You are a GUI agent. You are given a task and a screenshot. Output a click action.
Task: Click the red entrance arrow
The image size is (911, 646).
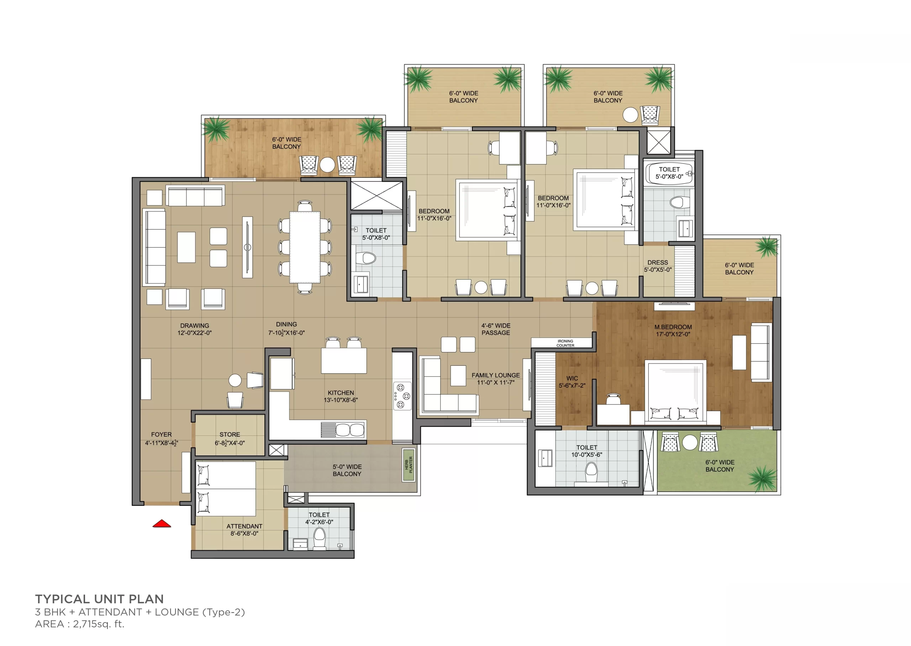(x=162, y=524)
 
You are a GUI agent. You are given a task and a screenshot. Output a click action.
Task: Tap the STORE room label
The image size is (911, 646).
(x=230, y=434)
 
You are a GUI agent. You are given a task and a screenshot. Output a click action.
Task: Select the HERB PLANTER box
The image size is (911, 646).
(x=409, y=465)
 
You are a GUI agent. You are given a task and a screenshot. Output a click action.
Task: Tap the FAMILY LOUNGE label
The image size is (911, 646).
(x=495, y=375)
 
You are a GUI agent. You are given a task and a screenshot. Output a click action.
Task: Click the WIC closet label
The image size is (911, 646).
(x=572, y=378)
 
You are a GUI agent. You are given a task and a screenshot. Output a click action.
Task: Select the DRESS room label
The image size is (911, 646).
(x=658, y=263)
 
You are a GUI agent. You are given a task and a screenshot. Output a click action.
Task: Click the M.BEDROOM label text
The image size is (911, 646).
(x=673, y=327)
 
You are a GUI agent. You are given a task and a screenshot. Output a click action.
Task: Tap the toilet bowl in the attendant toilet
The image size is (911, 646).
(x=320, y=538)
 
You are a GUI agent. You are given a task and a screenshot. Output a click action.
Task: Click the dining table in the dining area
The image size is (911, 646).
(x=305, y=247)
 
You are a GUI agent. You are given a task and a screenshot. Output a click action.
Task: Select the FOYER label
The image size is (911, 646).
(x=161, y=434)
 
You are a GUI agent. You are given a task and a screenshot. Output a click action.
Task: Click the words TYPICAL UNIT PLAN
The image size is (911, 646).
(x=99, y=599)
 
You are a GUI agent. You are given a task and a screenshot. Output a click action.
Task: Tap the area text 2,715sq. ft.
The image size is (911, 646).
(x=99, y=624)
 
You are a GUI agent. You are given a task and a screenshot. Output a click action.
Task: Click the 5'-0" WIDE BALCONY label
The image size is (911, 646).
(x=347, y=470)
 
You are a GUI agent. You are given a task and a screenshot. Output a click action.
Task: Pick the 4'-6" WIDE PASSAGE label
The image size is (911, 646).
(x=496, y=329)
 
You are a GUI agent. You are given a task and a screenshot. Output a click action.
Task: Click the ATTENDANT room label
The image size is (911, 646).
(x=244, y=526)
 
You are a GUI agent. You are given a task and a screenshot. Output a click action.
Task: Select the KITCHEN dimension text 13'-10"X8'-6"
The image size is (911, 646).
(x=341, y=400)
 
